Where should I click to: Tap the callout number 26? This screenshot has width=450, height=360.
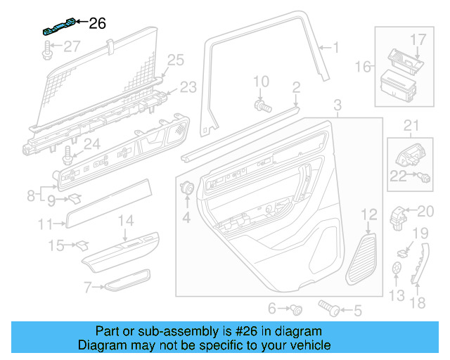(97, 24)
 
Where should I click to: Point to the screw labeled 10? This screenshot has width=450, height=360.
(262, 105)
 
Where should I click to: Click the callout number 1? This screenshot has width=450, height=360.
(335, 48)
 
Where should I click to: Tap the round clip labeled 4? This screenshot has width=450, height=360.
(188, 188)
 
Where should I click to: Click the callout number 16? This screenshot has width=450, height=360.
(364, 67)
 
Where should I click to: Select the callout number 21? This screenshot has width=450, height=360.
(410, 126)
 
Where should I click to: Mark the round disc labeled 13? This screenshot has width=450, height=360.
(397, 268)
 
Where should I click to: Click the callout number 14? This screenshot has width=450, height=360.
(124, 221)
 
